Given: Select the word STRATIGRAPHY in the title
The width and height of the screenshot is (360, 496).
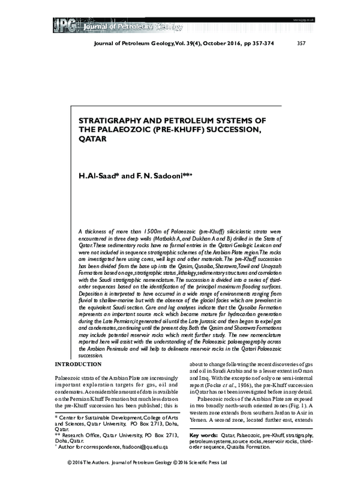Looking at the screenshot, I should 110,120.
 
